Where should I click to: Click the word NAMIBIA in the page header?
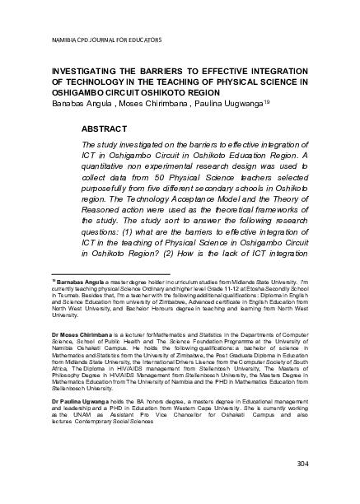63,39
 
